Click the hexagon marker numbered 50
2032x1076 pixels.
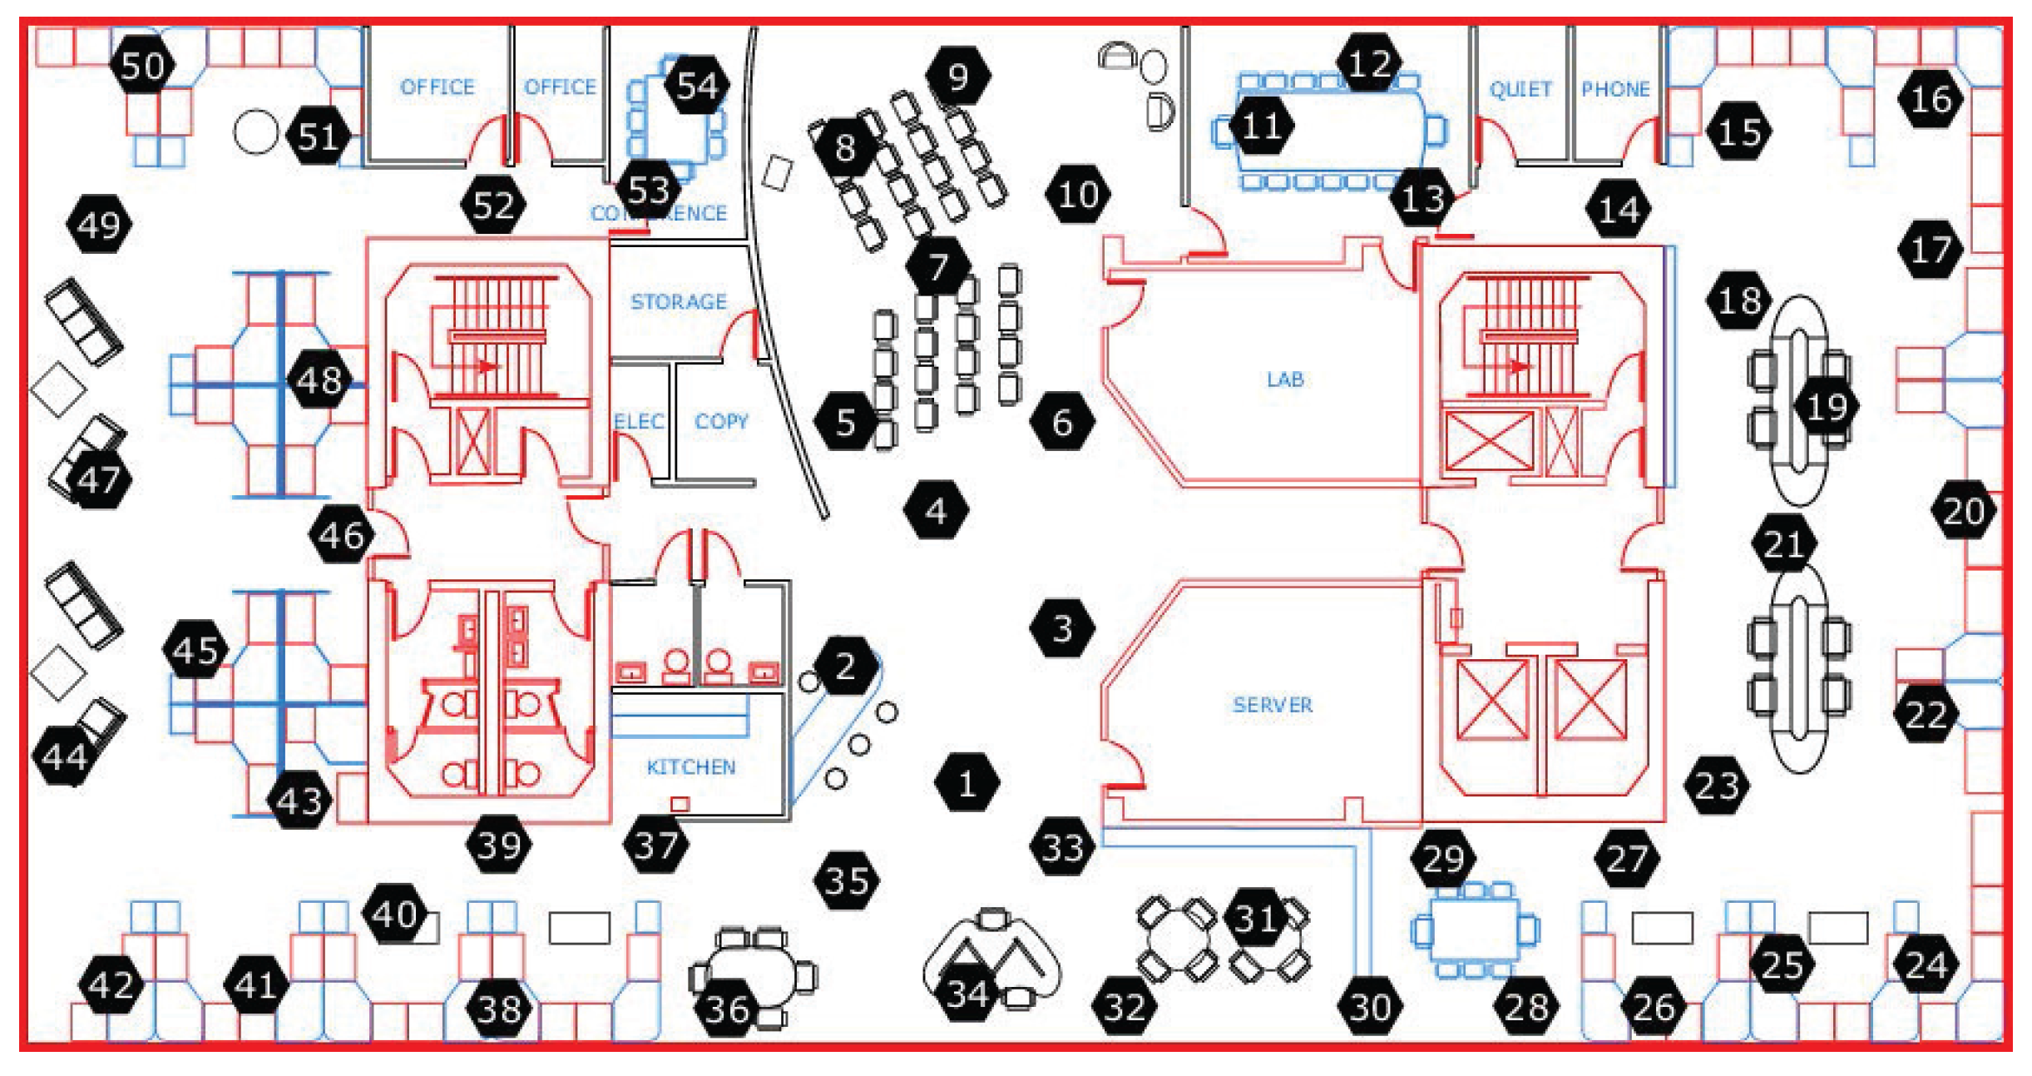point(142,65)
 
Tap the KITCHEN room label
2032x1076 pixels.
point(690,766)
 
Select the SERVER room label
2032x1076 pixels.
point(1272,705)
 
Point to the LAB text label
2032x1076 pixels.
point(1284,379)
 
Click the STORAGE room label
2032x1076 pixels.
point(678,301)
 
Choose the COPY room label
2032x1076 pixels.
point(721,421)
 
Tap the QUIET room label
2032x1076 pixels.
point(1520,89)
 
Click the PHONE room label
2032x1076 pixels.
point(1614,89)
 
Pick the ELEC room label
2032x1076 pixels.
point(639,421)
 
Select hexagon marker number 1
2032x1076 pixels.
point(967,782)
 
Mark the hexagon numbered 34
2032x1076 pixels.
point(967,994)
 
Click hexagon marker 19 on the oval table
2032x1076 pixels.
point(1827,407)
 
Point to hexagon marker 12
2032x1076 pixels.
point(1369,63)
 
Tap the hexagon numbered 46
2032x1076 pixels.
point(341,535)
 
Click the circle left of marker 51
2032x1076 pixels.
point(255,132)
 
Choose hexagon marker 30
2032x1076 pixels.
point(1369,1007)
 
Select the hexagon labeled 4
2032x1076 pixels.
point(936,510)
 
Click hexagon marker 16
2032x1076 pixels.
point(1931,99)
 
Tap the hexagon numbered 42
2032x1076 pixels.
point(111,985)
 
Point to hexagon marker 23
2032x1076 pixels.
point(1717,786)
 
